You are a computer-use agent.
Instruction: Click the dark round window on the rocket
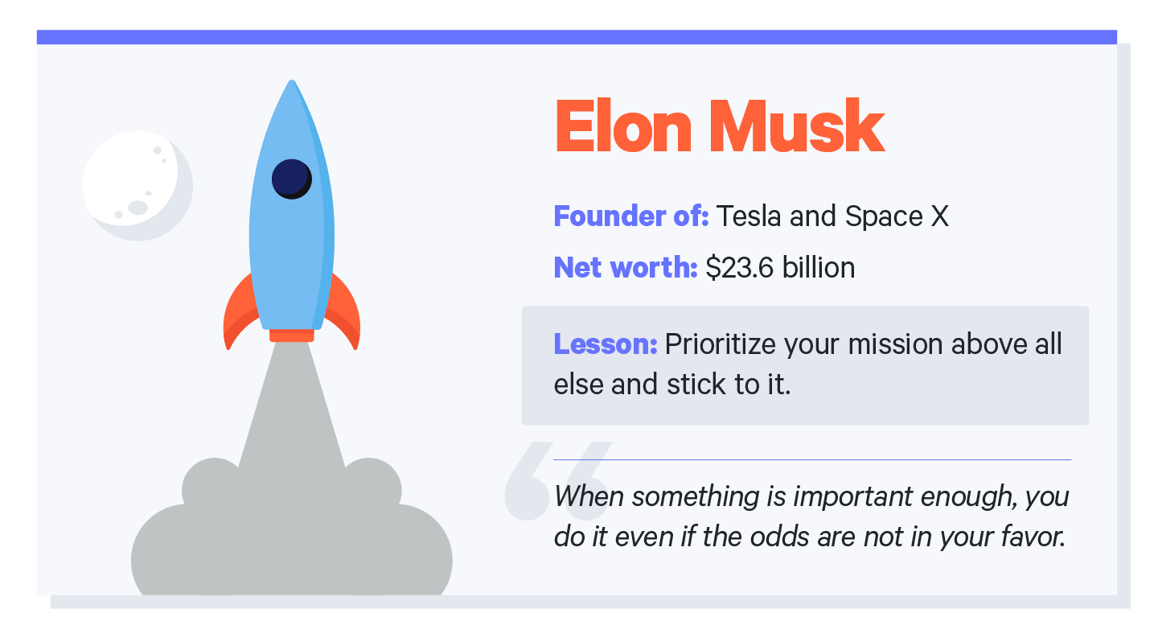(291, 179)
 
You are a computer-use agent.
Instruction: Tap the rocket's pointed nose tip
(292, 84)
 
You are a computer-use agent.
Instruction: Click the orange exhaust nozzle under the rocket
(292, 335)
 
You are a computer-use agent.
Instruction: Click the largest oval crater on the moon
(138, 208)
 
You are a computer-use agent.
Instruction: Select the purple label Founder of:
(630, 216)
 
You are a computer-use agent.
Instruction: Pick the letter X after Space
(939, 216)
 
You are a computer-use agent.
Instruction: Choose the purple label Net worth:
(625, 268)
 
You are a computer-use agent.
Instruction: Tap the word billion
(823, 268)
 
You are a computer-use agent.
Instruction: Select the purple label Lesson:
(605, 344)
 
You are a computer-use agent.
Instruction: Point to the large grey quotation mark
(554, 480)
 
